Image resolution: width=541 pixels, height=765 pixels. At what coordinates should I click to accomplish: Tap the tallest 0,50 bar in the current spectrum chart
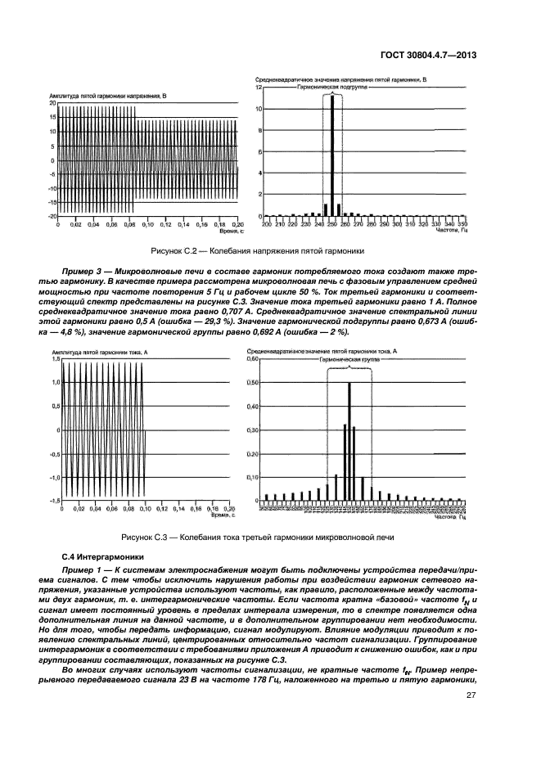(x=349, y=442)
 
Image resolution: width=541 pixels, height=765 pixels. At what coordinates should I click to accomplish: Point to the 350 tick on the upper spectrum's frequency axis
(x=462, y=223)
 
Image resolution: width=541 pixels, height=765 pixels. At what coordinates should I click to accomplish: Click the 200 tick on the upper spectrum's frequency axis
(x=265, y=223)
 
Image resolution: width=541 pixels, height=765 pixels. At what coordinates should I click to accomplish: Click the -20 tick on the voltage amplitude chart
(x=52, y=216)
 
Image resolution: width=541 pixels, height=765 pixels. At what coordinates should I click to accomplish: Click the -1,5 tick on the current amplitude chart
(x=55, y=500)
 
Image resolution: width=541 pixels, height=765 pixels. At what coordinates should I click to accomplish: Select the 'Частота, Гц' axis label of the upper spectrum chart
(x=450, y=230)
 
